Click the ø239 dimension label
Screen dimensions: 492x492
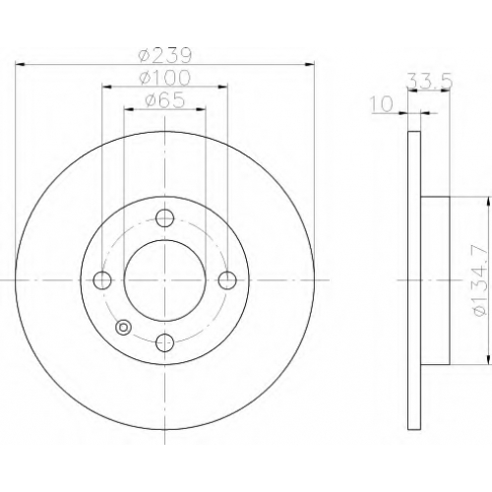(164, 56)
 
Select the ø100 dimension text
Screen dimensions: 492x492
(164, 78)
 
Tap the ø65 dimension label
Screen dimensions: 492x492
(165, 100)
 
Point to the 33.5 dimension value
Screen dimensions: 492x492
(429, 81)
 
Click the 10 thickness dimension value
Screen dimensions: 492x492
(382, 104)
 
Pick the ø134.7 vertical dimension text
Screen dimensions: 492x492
(480, 280)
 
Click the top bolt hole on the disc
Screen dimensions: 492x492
(165, 218)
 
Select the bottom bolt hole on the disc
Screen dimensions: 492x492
(165, 342)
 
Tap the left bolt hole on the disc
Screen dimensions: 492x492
(102, 280)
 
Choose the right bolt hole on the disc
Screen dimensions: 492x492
(227, 280)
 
